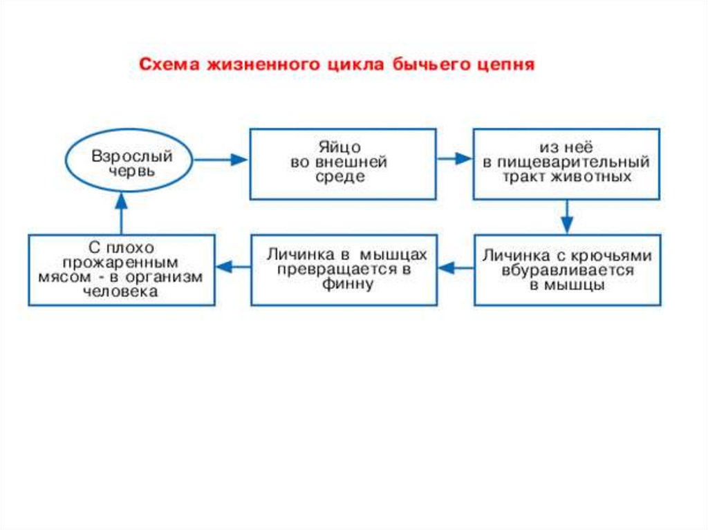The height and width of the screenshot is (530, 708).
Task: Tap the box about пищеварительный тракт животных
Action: (x=566, y=164)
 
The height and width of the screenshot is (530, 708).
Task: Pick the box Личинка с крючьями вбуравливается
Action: (x=566, y=270)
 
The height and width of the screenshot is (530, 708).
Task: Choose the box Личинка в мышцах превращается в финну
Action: (x=344, y=270)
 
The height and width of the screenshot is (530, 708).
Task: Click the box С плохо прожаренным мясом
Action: (x=121, y=270)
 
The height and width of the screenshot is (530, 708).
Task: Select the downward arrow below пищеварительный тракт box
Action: (x=567, y=216)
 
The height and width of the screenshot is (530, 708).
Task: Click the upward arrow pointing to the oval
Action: (x=121, y=213)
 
